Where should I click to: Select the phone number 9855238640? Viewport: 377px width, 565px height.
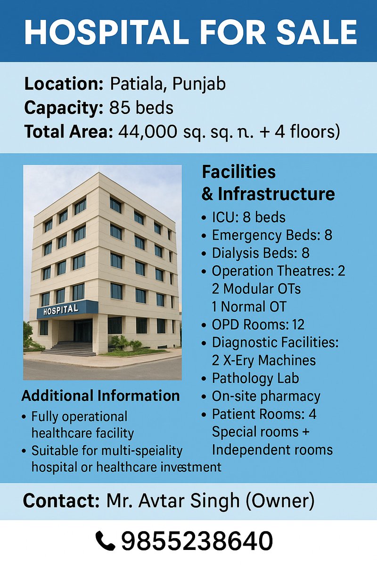[197, 541]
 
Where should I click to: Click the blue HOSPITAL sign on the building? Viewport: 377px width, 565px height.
[61, 310]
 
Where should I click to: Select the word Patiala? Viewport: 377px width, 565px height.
[137, 84]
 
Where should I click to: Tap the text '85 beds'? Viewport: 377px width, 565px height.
[141, 108]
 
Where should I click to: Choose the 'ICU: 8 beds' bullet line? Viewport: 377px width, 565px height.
[248, 217]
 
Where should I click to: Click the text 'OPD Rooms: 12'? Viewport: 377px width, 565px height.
[258, 324]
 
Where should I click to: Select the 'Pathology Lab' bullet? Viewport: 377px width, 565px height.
[255, 378]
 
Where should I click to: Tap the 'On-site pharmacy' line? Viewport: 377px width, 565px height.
[266, 396]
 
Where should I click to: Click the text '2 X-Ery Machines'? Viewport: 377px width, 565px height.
[263, 360]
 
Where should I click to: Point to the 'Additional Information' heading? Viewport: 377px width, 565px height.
[101, 395]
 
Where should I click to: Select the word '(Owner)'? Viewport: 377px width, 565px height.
[279, 500]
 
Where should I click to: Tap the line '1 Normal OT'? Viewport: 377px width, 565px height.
[249, 307]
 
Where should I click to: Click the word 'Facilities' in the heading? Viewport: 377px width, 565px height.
[239, 172]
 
